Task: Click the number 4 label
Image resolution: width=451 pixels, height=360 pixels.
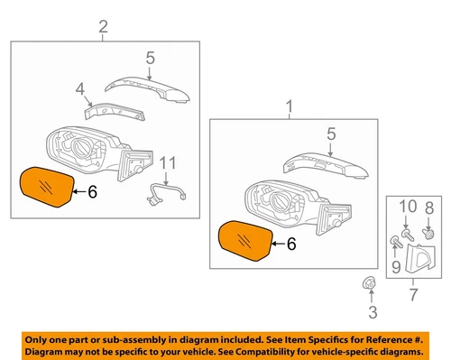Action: coord(79,89)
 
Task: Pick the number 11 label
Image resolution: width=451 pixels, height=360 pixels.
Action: coord(166,162)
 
